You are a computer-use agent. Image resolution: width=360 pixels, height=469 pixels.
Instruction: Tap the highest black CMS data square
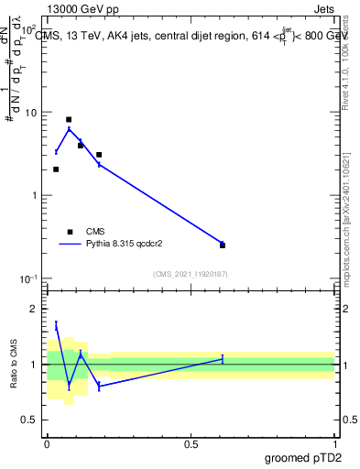69,119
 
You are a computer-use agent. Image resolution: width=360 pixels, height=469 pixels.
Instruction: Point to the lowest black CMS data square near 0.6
223,245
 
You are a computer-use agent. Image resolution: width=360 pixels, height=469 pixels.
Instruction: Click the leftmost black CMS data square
56,169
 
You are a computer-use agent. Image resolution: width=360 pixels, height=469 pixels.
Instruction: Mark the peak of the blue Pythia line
69,128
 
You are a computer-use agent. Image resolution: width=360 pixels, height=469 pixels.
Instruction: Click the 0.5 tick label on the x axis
191,443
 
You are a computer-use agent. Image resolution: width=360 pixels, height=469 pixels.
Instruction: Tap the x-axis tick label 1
334,443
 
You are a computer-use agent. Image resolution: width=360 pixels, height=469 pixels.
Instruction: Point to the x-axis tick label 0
47,443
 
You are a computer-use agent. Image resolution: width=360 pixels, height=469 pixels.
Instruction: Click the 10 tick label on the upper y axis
29,113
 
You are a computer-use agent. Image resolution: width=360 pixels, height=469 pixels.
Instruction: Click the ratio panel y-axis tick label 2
35,309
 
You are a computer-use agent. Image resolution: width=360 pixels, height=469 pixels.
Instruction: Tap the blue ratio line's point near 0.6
223,359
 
